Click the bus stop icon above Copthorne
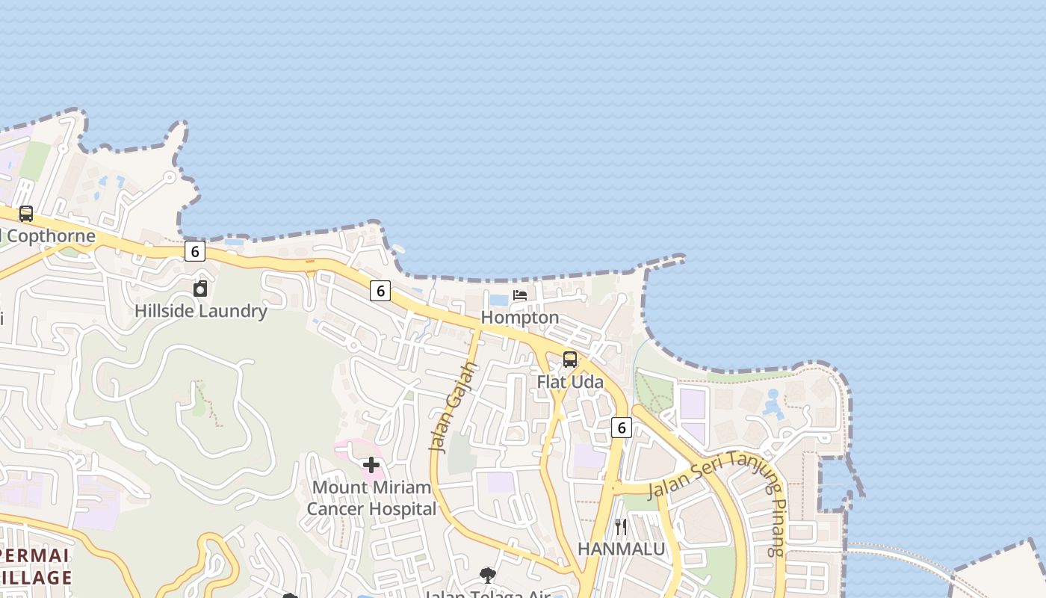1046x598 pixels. [x=26, y=214]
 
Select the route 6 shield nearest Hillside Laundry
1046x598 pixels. [x=195, y=251]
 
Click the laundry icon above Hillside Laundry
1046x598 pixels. [x=200, y=289]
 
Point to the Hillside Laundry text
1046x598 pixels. [x=201, y=311]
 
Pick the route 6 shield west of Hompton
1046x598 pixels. [x=380, y=291]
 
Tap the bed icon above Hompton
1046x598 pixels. [x=520, y=296]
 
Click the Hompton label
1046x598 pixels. [x=520, y=318]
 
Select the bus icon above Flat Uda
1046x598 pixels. [x=570, y=360]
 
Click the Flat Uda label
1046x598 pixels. [x=570, y=382]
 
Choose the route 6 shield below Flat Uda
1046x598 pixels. [x=621, y=428]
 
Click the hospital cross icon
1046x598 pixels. [x=371, y=465]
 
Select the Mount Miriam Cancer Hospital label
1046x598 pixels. [x=371, y=499]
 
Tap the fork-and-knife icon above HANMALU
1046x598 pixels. [x=621, y=527]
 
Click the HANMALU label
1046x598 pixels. [x=621, y=549]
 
